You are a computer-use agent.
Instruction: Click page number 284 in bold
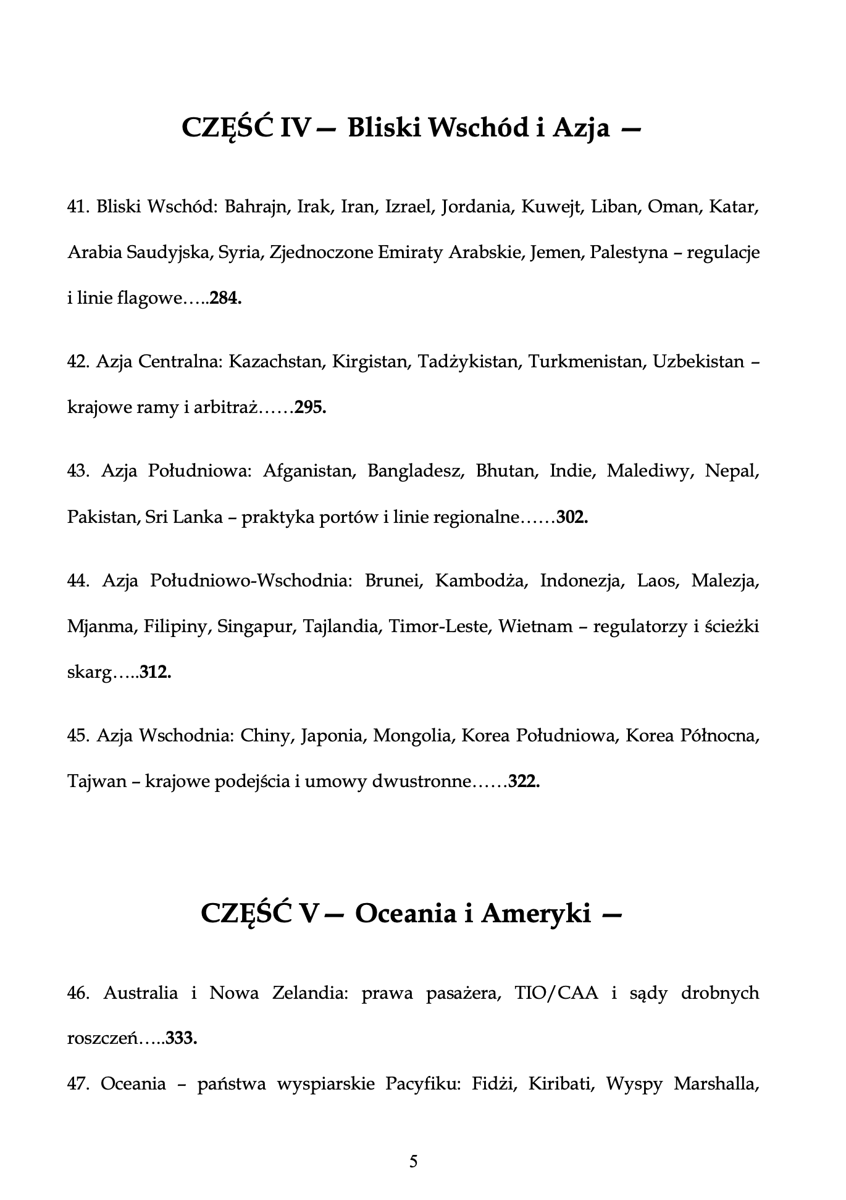225,299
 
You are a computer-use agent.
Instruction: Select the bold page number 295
310,407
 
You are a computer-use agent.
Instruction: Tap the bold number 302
572,517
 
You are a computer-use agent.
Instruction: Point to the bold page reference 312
155,672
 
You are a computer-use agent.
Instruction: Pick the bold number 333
181,1038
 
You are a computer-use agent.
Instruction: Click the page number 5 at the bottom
414,1162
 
